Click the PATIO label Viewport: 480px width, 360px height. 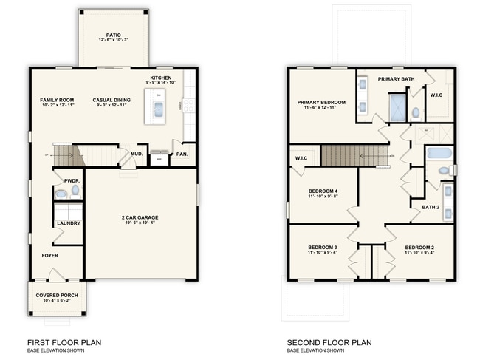(113, 34)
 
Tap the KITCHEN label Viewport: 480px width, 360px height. (161, 78)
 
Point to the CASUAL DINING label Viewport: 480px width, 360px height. (112, 100)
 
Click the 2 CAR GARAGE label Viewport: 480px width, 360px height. (140, 218)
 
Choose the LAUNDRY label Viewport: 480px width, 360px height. (68, 223)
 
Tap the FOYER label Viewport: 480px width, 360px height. (50, 256)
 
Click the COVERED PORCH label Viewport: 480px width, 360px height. (56, 296)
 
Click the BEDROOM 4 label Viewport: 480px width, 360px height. (322, 191)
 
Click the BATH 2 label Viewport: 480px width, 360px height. (431, 207)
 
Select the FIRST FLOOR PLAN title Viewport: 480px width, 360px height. (64, 342)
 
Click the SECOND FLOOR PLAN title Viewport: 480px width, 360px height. (329, 342)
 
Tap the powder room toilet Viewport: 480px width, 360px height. (61, 194)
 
